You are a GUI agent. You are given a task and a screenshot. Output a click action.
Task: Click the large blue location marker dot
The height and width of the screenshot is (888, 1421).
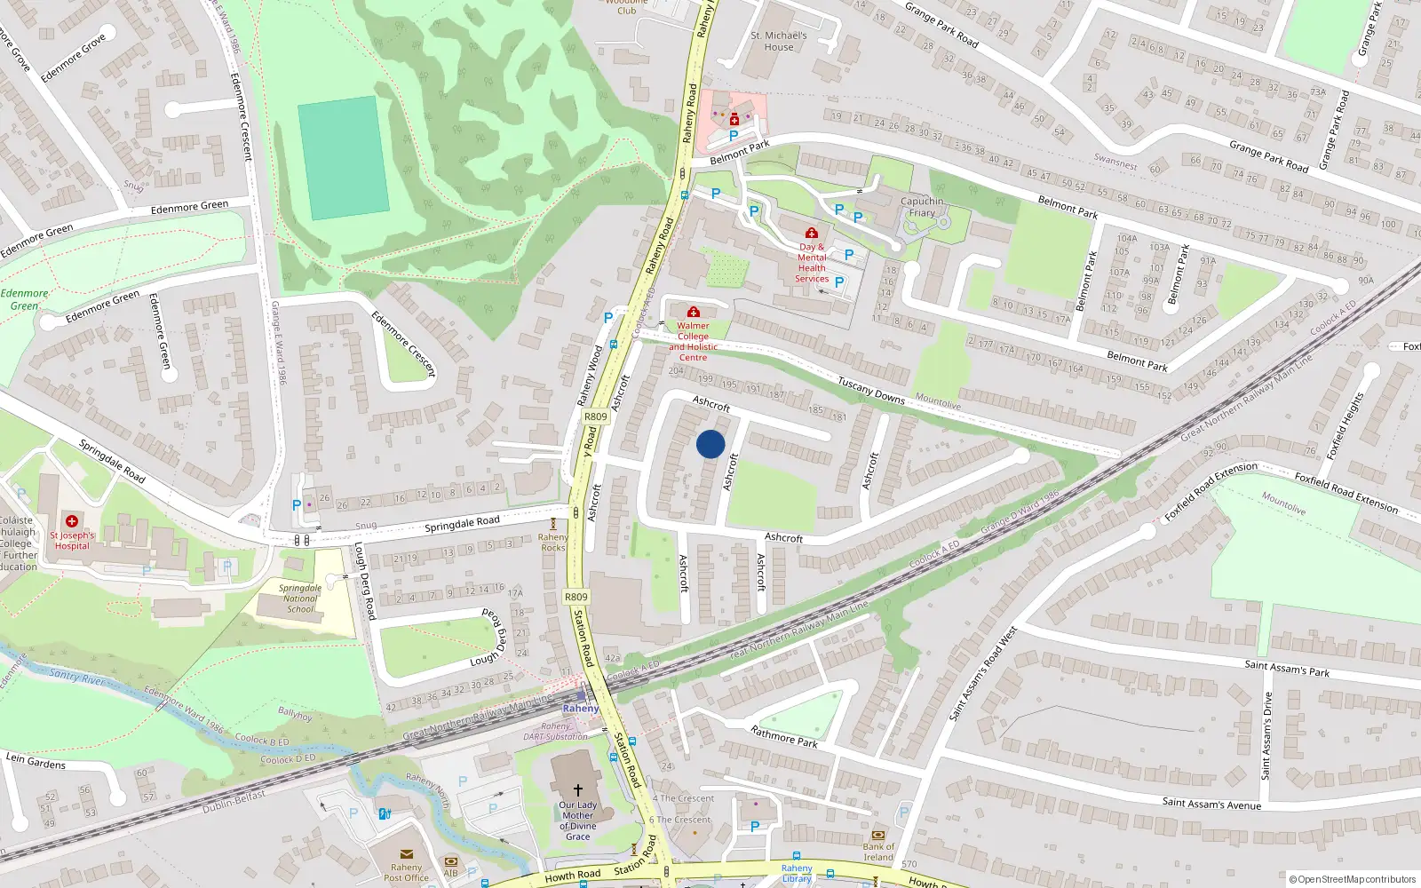pyautogui.click(x=710, y=444)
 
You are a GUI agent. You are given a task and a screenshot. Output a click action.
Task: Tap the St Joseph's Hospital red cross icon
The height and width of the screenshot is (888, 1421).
pyautogui.click(x=72, y=521)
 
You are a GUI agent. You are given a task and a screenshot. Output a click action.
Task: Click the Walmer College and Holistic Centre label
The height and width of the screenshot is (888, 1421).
pyautogui.click(x=693, y=341)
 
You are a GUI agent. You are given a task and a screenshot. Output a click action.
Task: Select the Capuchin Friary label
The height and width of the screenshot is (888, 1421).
pyautogui.click(x=922, y=207)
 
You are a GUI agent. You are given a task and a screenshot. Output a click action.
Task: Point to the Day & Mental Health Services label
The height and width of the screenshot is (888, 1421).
pyautogui.click(x=812, y=263)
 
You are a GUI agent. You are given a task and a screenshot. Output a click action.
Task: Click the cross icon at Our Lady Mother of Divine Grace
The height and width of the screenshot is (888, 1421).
pyautogui.click(x=577, y=789)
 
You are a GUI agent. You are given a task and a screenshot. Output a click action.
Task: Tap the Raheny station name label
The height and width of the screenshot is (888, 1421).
pyautogui.click(x=581, y=709)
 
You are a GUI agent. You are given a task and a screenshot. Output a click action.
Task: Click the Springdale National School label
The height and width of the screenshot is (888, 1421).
pyautogui.click(x=300, y=599)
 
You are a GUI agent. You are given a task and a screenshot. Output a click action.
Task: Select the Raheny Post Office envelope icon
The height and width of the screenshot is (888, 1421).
pyautogui.click(x=407, y=854)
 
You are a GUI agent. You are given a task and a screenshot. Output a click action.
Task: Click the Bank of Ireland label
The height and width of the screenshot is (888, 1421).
pyautogui.click(x=878, y=852)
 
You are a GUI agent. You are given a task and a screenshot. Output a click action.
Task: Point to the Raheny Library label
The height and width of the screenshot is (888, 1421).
pyautogui.click(x=797, y=873)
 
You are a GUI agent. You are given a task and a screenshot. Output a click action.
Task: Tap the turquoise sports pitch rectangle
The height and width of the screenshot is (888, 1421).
pyautogui.click(x=343, y=158)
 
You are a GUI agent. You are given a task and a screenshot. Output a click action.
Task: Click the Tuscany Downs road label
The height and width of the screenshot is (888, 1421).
pyautogui.click(x=871, y=390)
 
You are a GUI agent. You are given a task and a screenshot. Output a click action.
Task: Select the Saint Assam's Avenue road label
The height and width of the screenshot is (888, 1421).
pyautogui.click(x=1211, y=804)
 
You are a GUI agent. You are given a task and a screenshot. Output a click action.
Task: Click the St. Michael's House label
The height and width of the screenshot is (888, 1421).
pyautogui.click(x=779, y=41)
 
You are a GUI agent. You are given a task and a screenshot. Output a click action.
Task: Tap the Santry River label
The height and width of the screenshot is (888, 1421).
pyautogui.click(x=76, y=678)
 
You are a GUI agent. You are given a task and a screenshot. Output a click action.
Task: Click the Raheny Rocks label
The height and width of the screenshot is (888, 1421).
pyautogui.click(x=552, y=543)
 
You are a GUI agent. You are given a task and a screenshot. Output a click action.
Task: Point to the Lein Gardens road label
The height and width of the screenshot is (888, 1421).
pyautogui.click(x=36, y=761)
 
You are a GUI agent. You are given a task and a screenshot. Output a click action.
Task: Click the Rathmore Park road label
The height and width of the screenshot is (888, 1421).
pyautogui.click(x=783, y=737)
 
